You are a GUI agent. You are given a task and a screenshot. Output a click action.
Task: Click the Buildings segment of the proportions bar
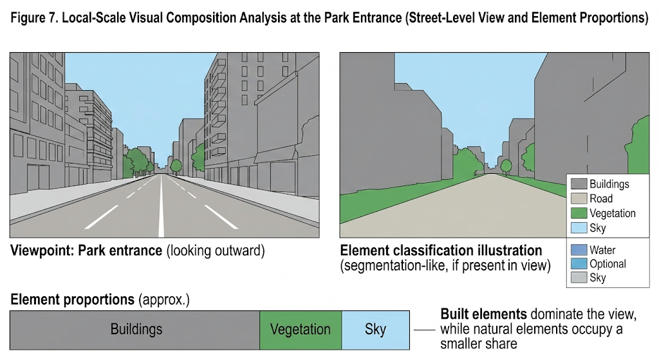click(x=135, y=329)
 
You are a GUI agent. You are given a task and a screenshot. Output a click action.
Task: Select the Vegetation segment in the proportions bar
click(x=300, y=329)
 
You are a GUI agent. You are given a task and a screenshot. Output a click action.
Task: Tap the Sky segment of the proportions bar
click(x=375, y=329)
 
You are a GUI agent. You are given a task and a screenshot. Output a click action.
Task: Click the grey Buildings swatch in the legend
click(x=579, y=184)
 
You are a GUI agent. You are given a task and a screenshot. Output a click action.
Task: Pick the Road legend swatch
click(x=579, y=199)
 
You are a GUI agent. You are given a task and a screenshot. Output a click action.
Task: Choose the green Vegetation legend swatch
click(x=579, y=213)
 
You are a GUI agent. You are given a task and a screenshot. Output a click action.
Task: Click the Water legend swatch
click(x=579, y=250)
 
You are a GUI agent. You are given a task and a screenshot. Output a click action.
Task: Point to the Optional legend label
click(x=608, y=264)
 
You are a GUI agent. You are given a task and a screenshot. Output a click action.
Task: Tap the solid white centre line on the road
click(x=161, y=213)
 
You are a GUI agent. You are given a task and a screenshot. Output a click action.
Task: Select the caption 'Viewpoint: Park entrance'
click(x=86, y=251)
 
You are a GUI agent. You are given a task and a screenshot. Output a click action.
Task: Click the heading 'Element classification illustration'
click(x=441, y=251)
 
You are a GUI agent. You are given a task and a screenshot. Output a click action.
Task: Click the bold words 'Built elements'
click(x=483, y=315)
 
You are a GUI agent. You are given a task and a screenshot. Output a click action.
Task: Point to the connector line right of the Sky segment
click(x=423, y=329)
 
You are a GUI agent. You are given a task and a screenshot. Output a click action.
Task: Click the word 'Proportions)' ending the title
click(x=614, y=18)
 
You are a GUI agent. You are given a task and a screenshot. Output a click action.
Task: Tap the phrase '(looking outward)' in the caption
click(x=216, y=251)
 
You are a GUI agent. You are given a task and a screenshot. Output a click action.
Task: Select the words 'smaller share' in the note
click(x=479, y=344)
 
